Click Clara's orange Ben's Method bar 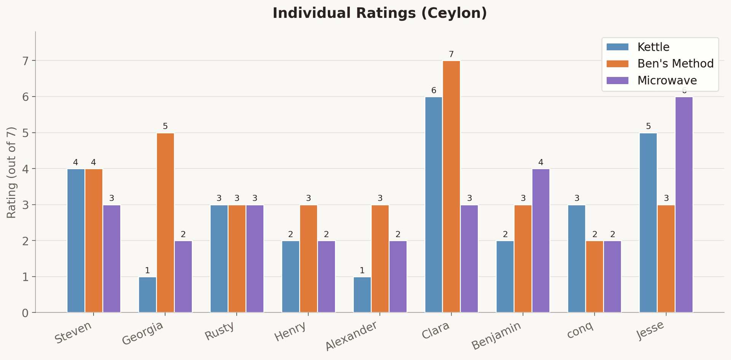point(451,187)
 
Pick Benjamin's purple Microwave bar point(541,240)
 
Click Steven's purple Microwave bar point(112,259)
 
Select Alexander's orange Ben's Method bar point(380,259)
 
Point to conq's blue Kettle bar point(576,259)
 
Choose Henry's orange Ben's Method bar point(308,259)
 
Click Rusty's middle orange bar point(237,259)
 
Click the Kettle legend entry point(653,47)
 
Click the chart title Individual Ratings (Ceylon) point(380,13)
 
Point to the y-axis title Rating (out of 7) point(12,172)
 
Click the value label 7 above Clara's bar point(451,54)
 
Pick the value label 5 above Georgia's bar point(165,126)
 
